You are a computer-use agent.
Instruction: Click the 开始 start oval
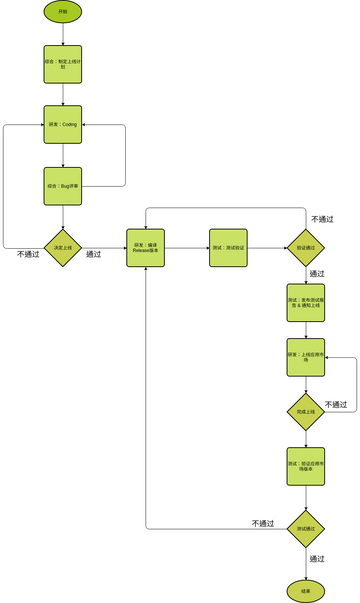(62, 11)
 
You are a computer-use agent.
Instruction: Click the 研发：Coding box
(62, 125)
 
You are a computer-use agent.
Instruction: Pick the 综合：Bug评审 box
(62, 185)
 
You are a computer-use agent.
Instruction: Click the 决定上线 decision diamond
(62, 247)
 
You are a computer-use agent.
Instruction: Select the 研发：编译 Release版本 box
(147, 247)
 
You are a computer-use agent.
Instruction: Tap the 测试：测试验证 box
(228, 247)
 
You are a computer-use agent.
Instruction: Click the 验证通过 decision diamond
(306, 247)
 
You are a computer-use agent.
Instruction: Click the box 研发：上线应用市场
(306, 357)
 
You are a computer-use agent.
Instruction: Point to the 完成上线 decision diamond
(306, 411)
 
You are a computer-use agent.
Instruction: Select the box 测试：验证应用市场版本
(306, 465)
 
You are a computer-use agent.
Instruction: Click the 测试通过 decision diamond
(306, 528)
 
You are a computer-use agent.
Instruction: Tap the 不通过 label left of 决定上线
(28, 254)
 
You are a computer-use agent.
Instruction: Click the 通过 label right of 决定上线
(94, 254)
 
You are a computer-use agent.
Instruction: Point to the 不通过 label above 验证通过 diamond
(322, 218)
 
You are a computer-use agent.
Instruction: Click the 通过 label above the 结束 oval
(317, 558)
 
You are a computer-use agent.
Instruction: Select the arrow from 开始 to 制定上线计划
(62, 33)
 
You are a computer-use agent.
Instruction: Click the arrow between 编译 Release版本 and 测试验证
(187, 247)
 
